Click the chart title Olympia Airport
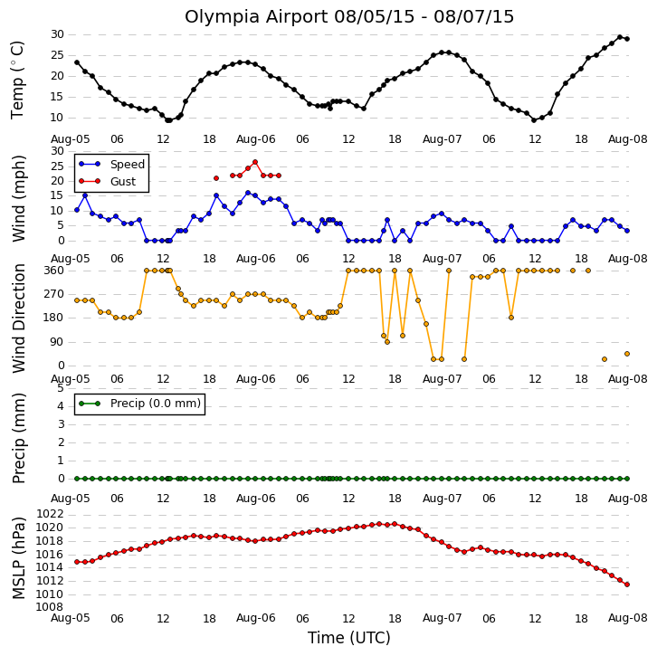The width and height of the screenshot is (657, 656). [256, 17]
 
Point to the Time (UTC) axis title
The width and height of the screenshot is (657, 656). [349, 638]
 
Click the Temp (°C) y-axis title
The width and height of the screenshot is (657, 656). [17, 80]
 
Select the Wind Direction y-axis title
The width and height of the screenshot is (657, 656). [18, 318]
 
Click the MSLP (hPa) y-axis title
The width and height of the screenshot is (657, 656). [18, 557]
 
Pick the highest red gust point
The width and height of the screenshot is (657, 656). [255, 162]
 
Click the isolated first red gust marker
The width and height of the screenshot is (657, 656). [216, 178]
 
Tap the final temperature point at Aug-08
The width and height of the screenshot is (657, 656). [627, 39]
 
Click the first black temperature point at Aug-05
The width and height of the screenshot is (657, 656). [77, 62]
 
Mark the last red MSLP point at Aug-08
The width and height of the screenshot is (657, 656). [627, 585]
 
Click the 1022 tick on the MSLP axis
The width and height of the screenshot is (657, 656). [50, 514]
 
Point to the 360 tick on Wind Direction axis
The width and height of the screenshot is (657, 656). [54, 271]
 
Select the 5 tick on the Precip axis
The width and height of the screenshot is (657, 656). [61, 388]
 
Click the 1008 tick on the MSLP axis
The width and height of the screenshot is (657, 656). [50, 607]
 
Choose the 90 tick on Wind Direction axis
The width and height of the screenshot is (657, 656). [57, 342]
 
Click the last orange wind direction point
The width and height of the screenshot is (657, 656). [627, 354]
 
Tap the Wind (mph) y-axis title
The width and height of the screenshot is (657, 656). [18, 198]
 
